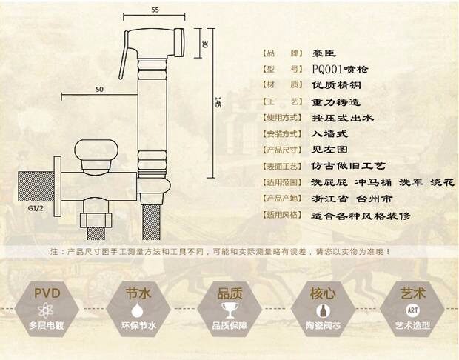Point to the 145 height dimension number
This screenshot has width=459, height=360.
(218, 104)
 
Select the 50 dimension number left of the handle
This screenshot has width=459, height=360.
(99, 90)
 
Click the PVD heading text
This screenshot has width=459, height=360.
(47, 293)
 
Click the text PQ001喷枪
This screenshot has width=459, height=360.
(339, 69)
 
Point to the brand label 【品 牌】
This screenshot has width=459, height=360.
(282, 54)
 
